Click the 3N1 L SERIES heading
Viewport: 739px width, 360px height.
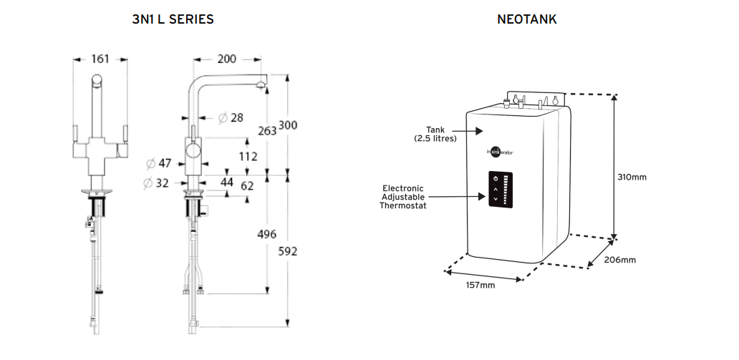[x=173, y=20]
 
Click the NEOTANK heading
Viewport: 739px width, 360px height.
[x=527, y=20]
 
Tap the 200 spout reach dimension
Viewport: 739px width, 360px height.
[x=227, y=59]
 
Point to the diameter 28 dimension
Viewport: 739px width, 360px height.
[x=231, y=117]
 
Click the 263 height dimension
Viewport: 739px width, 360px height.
[x=266, y=130]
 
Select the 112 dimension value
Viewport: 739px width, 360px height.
[x=248, y=156]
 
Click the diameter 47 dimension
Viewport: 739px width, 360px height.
[x=159, y=163]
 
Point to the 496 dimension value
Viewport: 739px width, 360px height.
[x=266, y=235]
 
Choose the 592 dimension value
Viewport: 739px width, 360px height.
[x=287, y=251]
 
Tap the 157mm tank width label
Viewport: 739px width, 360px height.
[x=480, y=285]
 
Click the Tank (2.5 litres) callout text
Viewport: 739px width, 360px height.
[x=435, y=134]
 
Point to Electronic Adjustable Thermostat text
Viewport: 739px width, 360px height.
[x=402, y=196]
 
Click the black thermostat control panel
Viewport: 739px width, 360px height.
[x=501, y=190]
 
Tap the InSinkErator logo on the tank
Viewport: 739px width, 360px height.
[x=501, y=152]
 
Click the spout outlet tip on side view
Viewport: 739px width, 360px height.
[x=260, y=87]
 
